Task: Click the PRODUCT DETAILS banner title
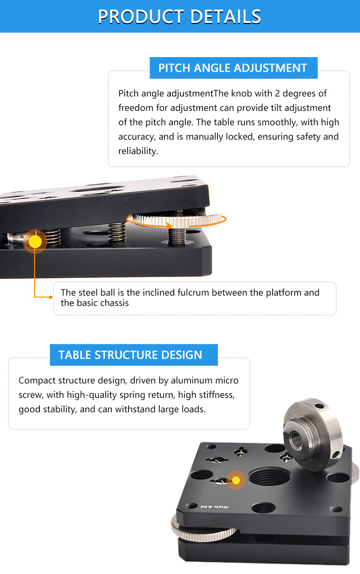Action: [180, 16]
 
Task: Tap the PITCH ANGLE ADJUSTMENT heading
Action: [233, 68]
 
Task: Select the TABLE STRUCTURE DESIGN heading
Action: [131, 355]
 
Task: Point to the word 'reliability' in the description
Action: [138, 151]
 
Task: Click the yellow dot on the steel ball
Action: [35, 241]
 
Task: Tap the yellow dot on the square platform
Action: [236, 480]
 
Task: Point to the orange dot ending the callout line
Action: [51, 297]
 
